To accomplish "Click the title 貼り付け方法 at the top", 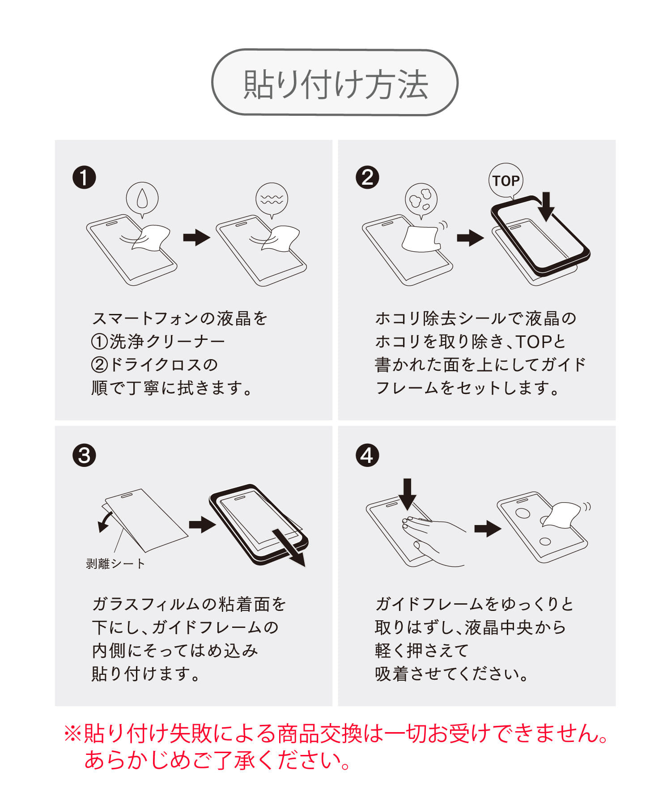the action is pyautogui.click(x=335, y=84).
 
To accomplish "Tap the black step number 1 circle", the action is pyautogui.click(x=84, y=177).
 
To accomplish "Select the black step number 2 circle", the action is pyautogui.click(x=367, y=177).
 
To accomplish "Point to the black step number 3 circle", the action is pyautogui.click(x=84, y=456).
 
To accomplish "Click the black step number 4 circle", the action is pyautogui.click(x=367, y=456).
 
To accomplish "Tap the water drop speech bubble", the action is pyautogui.click(x=142, y=199).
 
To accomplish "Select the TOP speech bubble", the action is pyautogui.click(x=506, y=181).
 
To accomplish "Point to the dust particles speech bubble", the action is pyautogui.click(x=421, y=200).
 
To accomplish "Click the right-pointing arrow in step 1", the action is pyautogui.click(x=196, y=237).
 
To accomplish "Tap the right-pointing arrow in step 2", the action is pyautogui.click(x=470, y=237).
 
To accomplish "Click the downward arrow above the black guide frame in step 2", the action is pyautogui.click(x=546, y=206).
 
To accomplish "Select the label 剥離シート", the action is pyautogui.click(x=115, y=563).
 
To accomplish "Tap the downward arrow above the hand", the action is pyautogui.click(x=407, y=494).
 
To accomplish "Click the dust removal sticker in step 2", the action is pyautogui.click(x=421, y=239).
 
